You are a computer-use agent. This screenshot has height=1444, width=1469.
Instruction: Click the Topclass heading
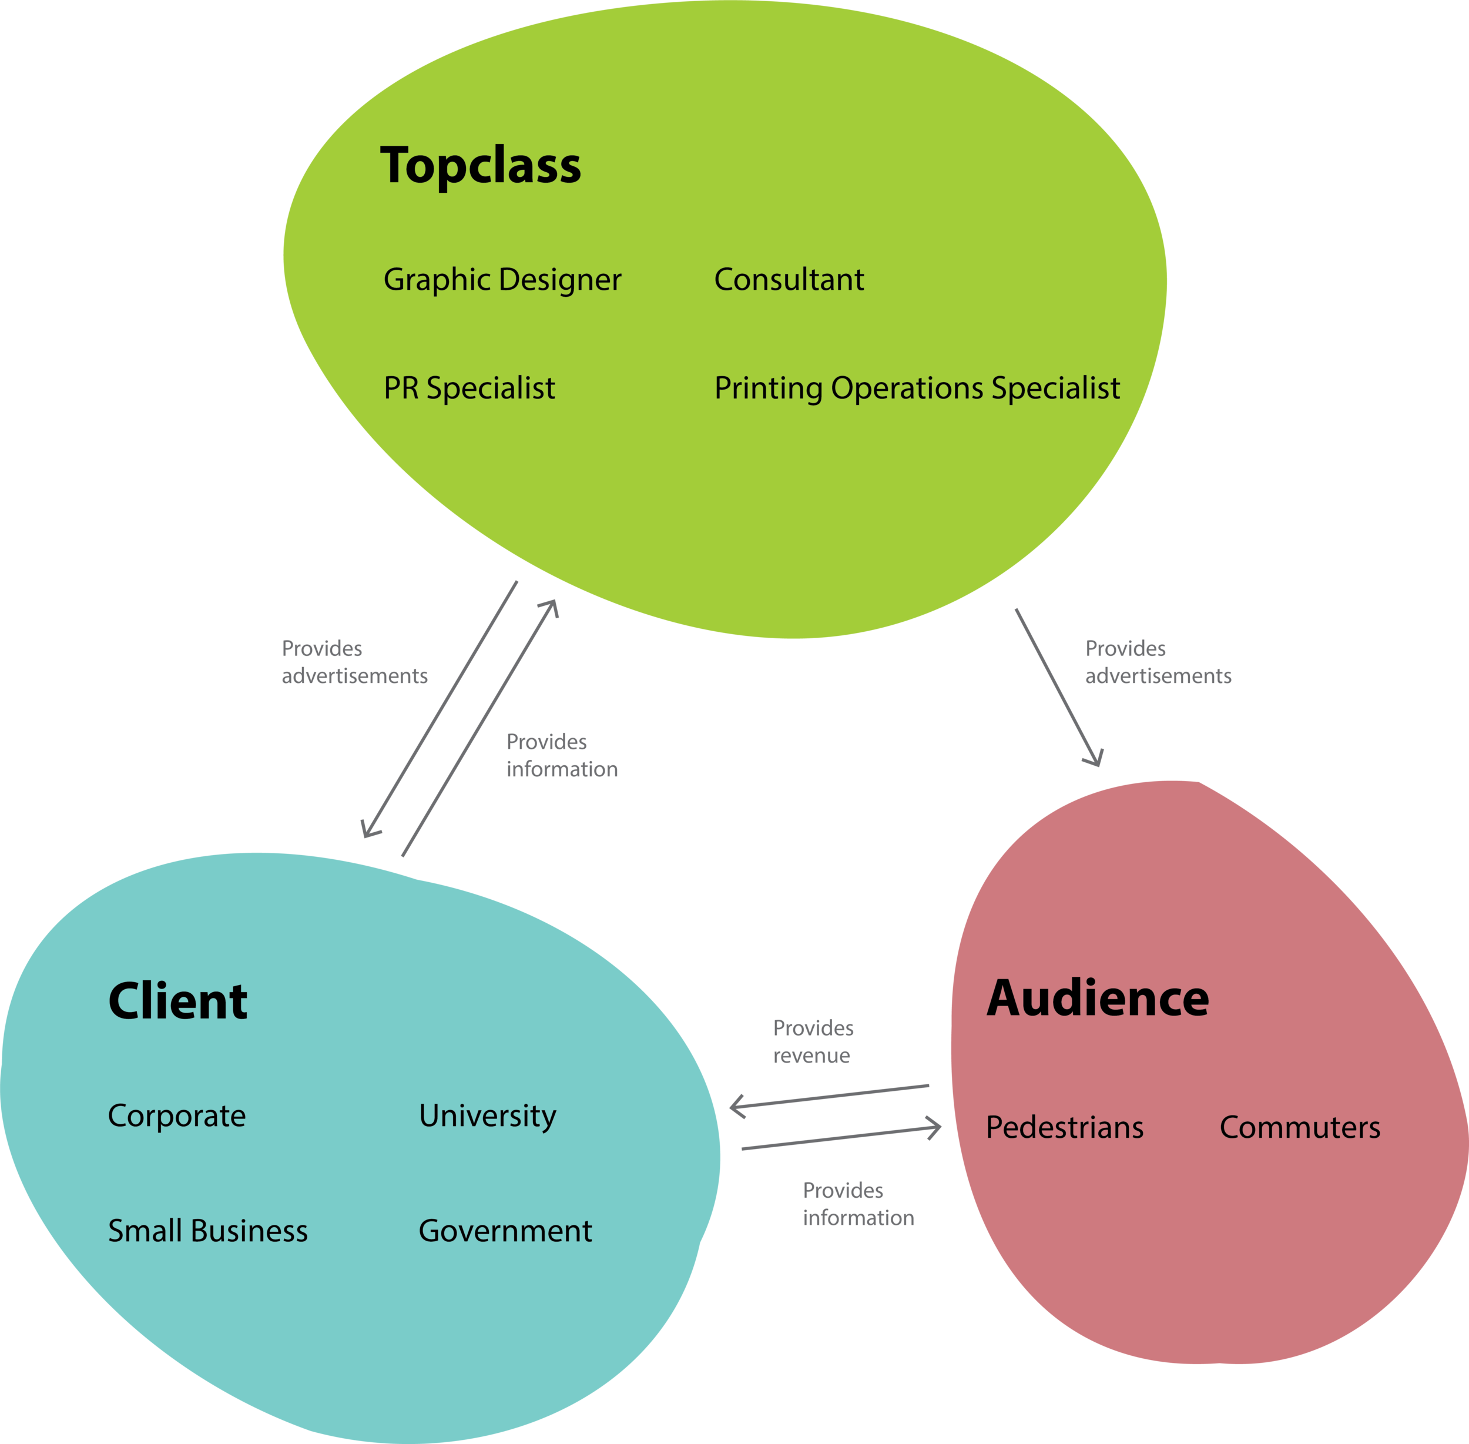(480, 165)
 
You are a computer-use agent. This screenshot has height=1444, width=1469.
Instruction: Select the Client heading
(177, 1001)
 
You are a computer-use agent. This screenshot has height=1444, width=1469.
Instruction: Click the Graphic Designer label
(502, 280)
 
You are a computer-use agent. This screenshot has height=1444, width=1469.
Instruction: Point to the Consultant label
(789, 280)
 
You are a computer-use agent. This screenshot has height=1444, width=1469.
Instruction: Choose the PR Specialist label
(469, 388)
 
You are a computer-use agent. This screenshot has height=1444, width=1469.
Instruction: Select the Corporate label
(177, 1115)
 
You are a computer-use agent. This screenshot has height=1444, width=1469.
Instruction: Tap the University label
(488, 1115)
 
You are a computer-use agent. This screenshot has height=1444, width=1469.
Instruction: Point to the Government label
(505, 1231)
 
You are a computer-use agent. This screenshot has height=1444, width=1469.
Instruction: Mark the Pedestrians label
(1064, 1127)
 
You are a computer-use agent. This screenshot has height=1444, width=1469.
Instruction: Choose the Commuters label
(1300, 1127)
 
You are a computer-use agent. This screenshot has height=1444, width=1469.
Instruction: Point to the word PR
(400, 388)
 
